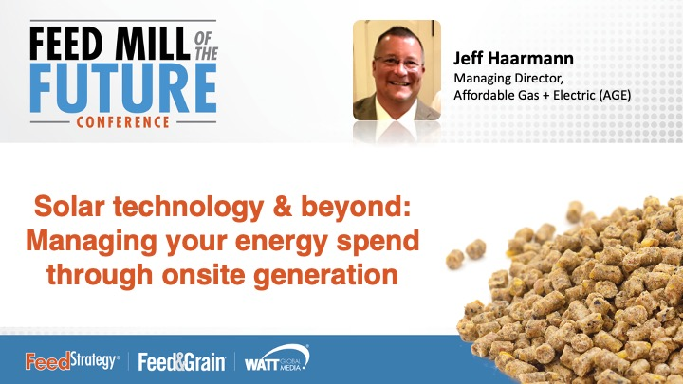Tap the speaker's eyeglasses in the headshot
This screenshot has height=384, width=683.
[398, 63]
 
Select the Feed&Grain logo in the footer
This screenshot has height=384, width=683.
[181, 361]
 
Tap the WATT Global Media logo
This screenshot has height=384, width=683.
[276, 360]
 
